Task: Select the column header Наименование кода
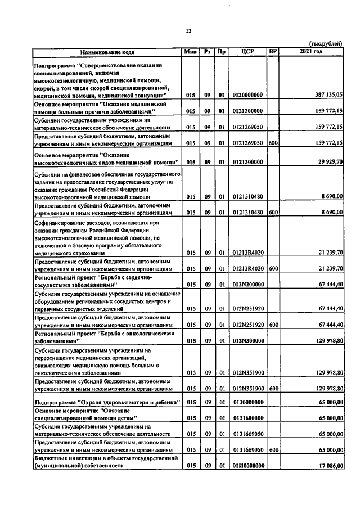(107, 52)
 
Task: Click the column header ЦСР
(247, 52)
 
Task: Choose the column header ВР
(273, 52)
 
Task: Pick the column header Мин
(190, 52)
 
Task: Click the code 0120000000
(247, 96)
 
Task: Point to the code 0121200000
(247, 111)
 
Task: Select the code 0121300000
(247, 163)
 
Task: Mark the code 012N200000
(247, 285)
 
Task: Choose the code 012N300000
(247, 341)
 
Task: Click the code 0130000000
(247, 402)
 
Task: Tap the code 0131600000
(247, 418)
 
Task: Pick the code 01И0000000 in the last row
(247, 466)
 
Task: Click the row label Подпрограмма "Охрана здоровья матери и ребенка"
(107, 402)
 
